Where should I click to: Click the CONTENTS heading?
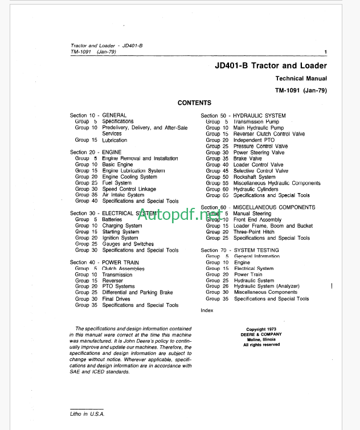point(194,103)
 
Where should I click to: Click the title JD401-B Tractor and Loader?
point(267,66)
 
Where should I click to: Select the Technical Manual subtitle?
point(301,79)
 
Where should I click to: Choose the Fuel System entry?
point(117,183)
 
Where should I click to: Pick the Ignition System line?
point(120,238)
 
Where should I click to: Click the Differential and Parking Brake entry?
point(137,293)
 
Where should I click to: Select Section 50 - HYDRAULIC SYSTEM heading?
point(243,116)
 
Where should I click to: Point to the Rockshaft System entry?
point(254,177)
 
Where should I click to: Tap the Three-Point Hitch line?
point(253,232)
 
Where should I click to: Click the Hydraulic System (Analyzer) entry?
point(267,286)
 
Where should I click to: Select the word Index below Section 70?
point(207,310)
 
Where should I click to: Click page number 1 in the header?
point(325,52)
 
